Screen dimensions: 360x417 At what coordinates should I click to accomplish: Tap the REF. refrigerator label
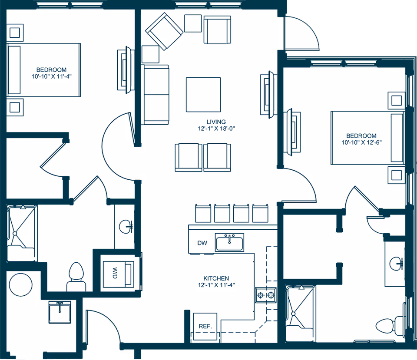[205, 326]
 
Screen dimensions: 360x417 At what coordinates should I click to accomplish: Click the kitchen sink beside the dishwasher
[230, 242]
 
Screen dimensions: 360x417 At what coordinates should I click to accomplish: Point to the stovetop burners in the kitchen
[266, 296]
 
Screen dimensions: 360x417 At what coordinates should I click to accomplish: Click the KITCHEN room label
[216, 278]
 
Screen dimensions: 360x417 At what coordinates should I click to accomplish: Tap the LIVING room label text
[216, 122]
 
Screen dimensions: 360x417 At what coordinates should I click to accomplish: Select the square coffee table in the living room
[203, 94]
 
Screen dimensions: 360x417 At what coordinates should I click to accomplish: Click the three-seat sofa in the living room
[155, 94]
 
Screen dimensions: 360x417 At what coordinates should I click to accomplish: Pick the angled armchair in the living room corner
[164, 31]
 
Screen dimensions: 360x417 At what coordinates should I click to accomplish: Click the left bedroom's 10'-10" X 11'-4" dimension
[51, 76]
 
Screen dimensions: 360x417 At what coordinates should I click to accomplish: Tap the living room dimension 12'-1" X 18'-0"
[216, 129]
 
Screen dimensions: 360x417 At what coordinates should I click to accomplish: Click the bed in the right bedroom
[367, 137]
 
